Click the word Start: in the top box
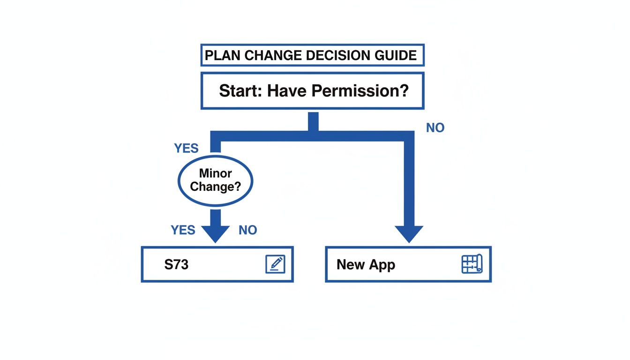point(240,90)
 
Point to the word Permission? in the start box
point(360,90)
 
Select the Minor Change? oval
point(215,180)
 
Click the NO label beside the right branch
point(435,128)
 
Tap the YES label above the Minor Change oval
point(186,149)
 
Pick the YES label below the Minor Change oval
point(183,230)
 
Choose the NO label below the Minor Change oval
point(247,230)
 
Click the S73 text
point(176,264)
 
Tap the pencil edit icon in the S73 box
point(275,264)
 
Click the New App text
point(366,264)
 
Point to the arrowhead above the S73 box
point(215,232)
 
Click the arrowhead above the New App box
point(409,233)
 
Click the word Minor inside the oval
point(215,173)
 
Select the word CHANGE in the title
point(272,56)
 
